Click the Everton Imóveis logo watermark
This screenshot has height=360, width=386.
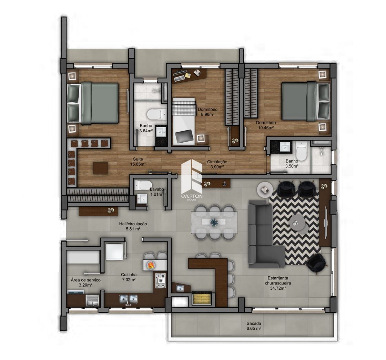tap(192, 179)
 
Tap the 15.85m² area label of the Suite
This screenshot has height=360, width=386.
tap(138, 164)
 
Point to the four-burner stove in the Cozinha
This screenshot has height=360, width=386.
tap(160, 280)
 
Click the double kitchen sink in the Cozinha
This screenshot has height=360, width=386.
tap(128, 299)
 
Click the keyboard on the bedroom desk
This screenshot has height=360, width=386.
tap(179, 78)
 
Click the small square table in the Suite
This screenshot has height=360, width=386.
tap(100, 168)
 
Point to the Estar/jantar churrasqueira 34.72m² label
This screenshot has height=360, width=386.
tap(276, 283)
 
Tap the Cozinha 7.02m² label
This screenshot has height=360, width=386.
tap(129, 277)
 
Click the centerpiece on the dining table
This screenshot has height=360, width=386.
tap(214, 222)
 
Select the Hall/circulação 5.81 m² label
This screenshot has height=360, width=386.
tap(133, 226)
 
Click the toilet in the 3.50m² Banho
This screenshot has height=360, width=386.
tap(301, 150)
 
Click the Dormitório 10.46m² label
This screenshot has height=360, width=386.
tap(266, 125)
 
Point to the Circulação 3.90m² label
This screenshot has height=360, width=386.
tap(217, 164)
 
